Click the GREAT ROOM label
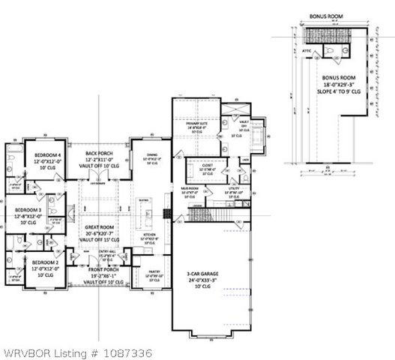[x=99, y=227]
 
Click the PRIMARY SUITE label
[x=200, y=127]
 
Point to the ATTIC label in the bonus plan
[x=307, y=50]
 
